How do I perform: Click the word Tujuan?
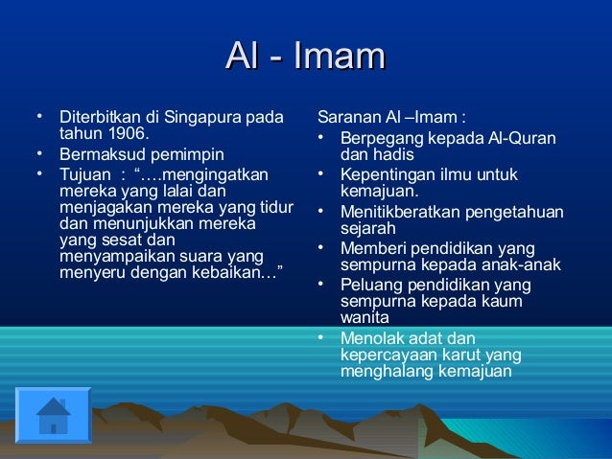[83, 174]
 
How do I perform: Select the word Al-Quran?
[520, 138]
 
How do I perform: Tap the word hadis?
[394, 154]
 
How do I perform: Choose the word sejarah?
[368, 229]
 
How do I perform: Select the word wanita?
[365, 317]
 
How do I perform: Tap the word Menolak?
[370, 338]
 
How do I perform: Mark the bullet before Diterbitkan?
[38, 119]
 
